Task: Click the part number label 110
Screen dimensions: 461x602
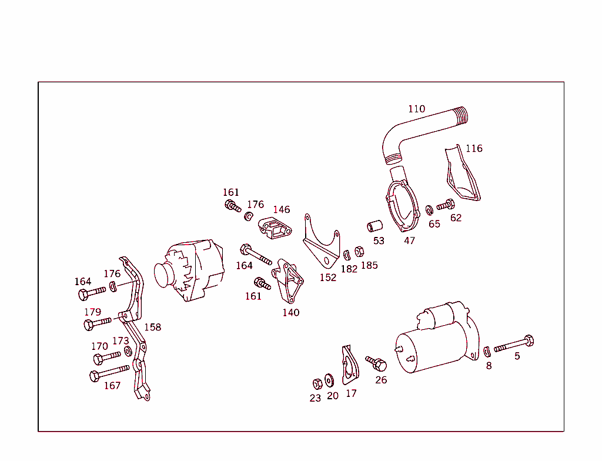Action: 416,109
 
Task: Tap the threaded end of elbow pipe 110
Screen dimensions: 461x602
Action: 461,115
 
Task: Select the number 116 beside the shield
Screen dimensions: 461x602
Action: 474,148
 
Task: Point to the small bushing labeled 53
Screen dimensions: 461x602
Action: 375,226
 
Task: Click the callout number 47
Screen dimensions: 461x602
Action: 409,240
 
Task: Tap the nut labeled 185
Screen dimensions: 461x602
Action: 359,252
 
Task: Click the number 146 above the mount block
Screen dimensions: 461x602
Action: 281,209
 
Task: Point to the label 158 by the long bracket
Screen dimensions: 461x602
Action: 152,327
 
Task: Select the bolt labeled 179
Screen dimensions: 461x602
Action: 97,323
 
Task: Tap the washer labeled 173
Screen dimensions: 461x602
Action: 128,351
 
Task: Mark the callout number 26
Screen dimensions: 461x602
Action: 381,380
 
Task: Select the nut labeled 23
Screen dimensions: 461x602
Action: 316,383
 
